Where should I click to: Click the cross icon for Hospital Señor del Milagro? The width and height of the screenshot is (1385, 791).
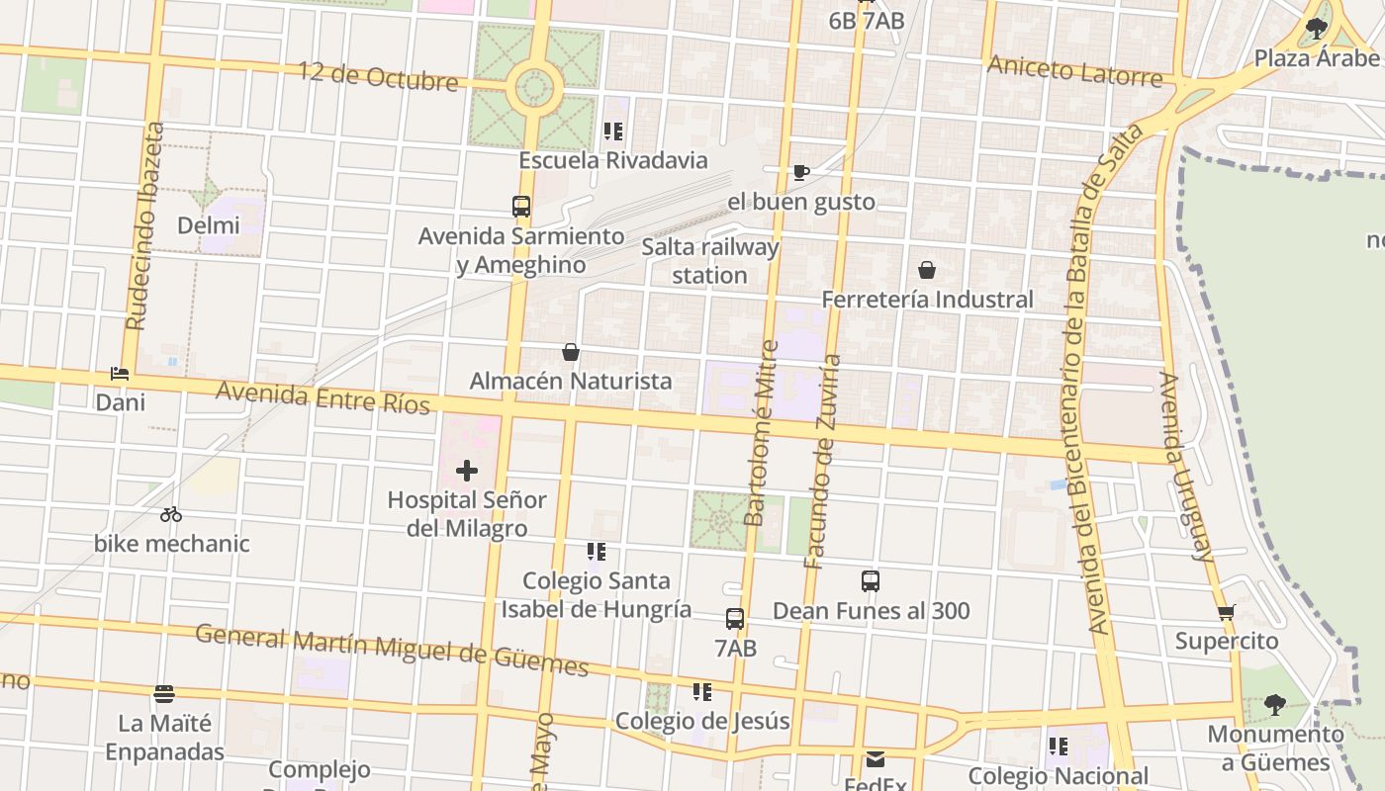[x=466, y=471]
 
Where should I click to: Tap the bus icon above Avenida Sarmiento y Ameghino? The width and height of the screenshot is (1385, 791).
[x=521, y=207]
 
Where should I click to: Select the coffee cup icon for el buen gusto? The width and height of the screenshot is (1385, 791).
[x=801, y=172]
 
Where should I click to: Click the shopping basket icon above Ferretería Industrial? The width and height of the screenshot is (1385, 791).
[x=927, y=269]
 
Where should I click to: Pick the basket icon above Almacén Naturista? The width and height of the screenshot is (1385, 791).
[x=571, y=351]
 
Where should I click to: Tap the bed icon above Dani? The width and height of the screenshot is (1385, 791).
[x=120, y=374]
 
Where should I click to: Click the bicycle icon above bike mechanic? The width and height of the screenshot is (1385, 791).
[x=171, y=514]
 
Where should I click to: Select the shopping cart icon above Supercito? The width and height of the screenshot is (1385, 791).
[x=1227, y=612]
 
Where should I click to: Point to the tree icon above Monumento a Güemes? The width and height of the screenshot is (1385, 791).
[x=1275, y=704]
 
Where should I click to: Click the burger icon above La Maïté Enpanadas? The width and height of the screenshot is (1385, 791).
[x=164, y=694]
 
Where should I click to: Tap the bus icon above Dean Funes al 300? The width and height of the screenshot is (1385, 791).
[x=871, y=581]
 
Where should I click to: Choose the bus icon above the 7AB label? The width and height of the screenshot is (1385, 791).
[x=735, y=619]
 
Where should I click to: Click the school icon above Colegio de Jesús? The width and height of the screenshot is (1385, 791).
[x=702, y=691]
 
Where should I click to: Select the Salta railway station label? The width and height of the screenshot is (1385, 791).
[x=709, y=261]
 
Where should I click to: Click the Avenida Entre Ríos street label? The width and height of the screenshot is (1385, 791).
[x=323, y=397]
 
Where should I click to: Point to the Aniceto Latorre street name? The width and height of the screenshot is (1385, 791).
[x=1075, y=71]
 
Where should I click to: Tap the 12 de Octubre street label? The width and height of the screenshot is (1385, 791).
[x=379, y=76]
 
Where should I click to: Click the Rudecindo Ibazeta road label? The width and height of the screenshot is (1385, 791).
[x=144, y=225]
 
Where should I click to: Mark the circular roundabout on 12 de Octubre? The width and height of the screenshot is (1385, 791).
[x=534, y=87]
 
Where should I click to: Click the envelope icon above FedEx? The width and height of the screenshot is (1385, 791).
[x=876, y=759]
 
